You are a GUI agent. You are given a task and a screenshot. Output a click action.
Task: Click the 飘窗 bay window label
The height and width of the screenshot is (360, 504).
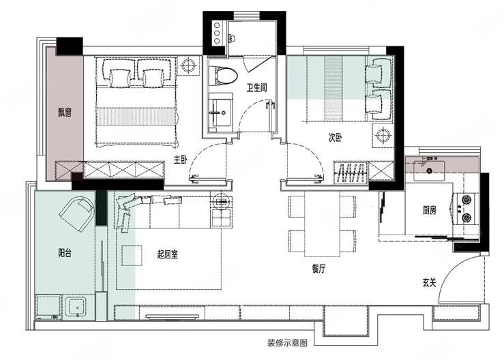(65, 112)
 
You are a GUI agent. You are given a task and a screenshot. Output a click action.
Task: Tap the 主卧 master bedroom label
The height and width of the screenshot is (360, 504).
(180, 160)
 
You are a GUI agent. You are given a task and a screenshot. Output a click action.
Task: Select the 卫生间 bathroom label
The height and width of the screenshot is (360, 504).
(257, 87)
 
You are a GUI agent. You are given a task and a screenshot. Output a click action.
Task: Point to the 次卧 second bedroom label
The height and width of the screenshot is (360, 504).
(336, 138)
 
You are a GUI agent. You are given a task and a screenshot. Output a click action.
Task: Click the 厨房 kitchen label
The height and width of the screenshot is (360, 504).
(430, 211)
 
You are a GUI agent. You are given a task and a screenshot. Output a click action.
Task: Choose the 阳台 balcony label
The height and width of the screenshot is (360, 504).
(65, 253)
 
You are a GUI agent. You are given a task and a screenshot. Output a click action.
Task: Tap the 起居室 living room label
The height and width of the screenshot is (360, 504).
(168, 255)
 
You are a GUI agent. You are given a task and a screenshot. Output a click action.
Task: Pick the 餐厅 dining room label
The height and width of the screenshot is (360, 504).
(318, 269)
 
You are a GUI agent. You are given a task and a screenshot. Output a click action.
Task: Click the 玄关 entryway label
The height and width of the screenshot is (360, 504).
(430, 283)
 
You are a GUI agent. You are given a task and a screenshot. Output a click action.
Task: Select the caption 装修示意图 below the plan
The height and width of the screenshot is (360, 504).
(287, 343)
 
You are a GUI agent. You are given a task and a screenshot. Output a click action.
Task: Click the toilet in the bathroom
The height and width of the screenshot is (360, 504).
(223, 76)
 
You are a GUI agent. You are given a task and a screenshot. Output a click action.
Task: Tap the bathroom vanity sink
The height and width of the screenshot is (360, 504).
(220, 112)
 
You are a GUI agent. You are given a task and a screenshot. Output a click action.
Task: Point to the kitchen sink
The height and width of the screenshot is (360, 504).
(429, 170)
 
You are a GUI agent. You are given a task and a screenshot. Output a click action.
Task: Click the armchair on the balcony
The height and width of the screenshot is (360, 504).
(76, 214)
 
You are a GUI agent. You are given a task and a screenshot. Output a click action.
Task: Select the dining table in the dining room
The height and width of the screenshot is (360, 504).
(322, 224)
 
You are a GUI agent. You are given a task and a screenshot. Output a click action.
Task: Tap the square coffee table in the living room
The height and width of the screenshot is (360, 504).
(132, 256)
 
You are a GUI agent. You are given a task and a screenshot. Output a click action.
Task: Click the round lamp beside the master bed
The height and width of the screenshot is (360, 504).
(188, 66)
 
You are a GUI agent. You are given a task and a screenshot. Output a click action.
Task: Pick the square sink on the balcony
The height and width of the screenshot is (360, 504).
(76, 307)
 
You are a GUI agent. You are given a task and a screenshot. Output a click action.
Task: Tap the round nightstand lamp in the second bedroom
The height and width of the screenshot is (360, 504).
(383, 135)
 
